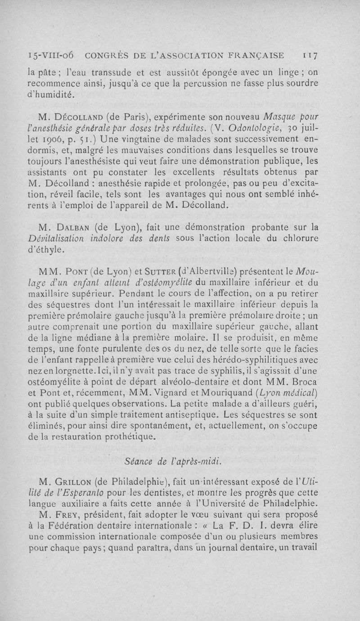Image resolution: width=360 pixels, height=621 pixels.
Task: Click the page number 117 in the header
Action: click(x=310, y=55)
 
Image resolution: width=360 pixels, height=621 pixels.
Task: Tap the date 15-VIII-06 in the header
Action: click(x=51, y=55)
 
